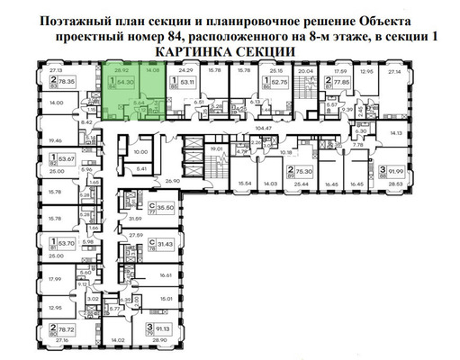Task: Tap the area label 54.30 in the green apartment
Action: pyautogui.click(x=126, y=82)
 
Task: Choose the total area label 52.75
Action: pyautogui.click(x=280, y=82)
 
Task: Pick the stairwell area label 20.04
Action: pyautogui.click(x=305, y=70)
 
